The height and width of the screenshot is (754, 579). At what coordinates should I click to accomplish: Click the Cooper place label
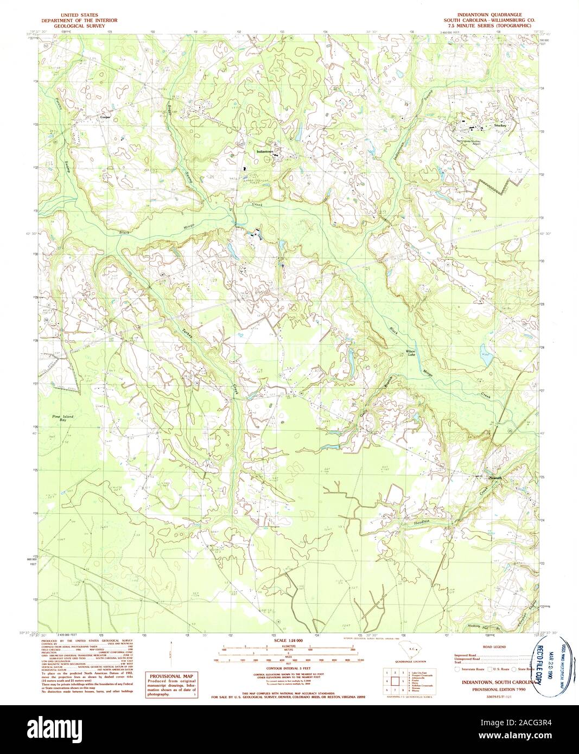pos(105,117)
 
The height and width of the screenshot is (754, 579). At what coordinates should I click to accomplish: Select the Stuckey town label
pos(500,125)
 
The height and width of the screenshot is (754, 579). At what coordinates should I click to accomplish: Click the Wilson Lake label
pos(411,353)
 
